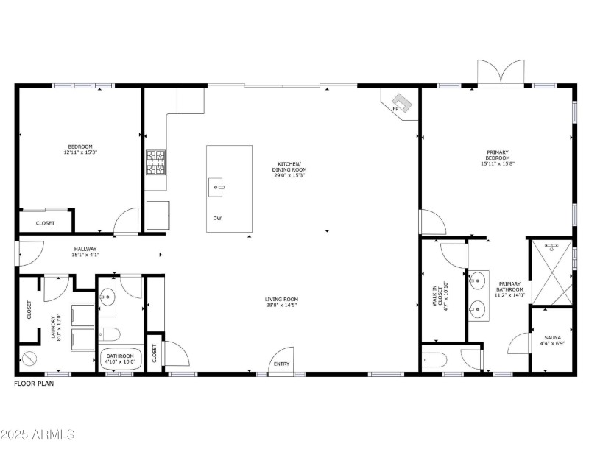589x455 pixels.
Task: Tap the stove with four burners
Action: [156, 163]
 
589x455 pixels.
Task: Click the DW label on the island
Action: [218, 219]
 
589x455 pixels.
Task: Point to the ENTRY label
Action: [281, 364]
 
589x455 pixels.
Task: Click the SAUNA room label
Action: [551, 339]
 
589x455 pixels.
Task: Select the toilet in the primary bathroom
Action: [435, 360]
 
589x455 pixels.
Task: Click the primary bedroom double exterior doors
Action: [501, 74]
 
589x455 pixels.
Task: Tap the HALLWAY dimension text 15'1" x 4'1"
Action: [85, 255]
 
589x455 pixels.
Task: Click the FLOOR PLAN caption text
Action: [34, 383]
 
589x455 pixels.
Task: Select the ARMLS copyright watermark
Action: [38, 434]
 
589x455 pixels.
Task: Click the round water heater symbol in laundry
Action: [30, 360]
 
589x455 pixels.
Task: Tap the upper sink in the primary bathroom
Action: [478, 280]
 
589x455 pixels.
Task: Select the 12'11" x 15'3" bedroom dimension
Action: [80, 152]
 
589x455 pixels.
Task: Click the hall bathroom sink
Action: [107, 297]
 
